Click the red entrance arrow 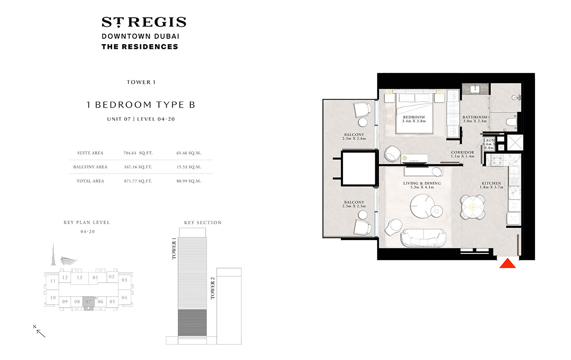coord(507,264)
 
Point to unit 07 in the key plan coord(89,301)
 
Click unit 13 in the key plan coord(79,278)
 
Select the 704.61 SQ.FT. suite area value coord(138,153)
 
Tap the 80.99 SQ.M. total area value coord(188,181)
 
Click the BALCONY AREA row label coord(90,167)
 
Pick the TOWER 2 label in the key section coord(212,288)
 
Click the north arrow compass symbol coord(40,331)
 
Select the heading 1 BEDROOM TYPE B coord(141,105)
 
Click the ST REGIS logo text coord(143,22)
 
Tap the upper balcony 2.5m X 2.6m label coord(354,137)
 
